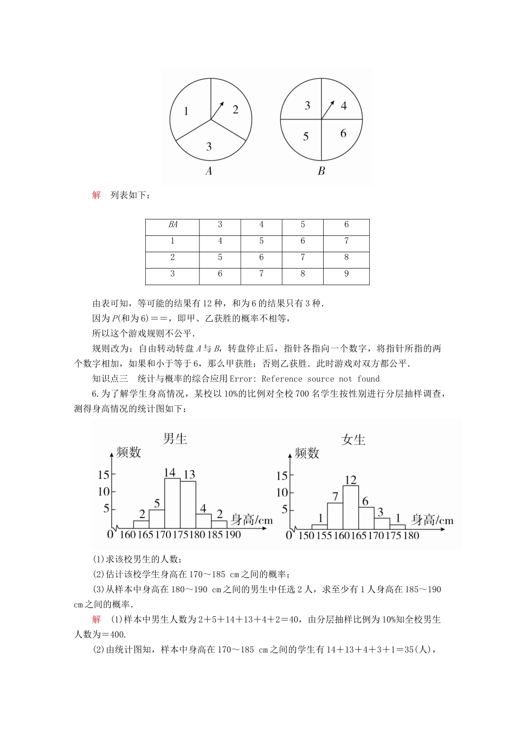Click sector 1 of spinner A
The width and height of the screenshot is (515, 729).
tap(186, 111)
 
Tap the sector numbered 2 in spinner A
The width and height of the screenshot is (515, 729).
tap(235, 110)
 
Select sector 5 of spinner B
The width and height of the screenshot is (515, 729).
tap(306, 136)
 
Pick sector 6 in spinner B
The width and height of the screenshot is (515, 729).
tap(343, 133)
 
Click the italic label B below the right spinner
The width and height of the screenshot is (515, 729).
tap(321, 171)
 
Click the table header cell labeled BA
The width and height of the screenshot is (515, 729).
tap(172, 225)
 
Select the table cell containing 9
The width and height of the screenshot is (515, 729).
tap(346, 274)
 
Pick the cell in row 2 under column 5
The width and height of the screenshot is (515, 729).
tap(302, 258)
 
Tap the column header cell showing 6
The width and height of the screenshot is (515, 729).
tap(346, 225)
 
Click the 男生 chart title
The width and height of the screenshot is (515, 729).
tap(175, 439)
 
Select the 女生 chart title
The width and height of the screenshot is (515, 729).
tap(353, 440)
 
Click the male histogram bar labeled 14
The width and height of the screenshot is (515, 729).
tap(172, 503)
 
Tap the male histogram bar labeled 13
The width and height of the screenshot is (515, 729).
tap(188, 504)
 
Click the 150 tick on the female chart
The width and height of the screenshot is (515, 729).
tap(306, 536)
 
